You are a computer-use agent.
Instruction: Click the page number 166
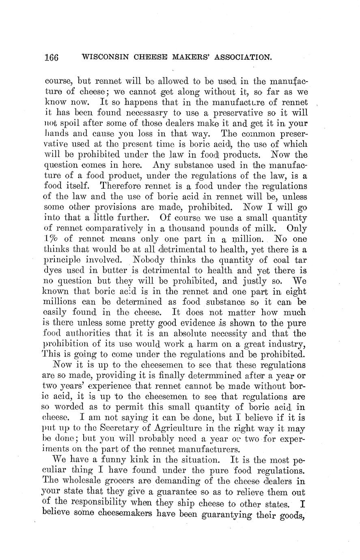click(x=52, y=57)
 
